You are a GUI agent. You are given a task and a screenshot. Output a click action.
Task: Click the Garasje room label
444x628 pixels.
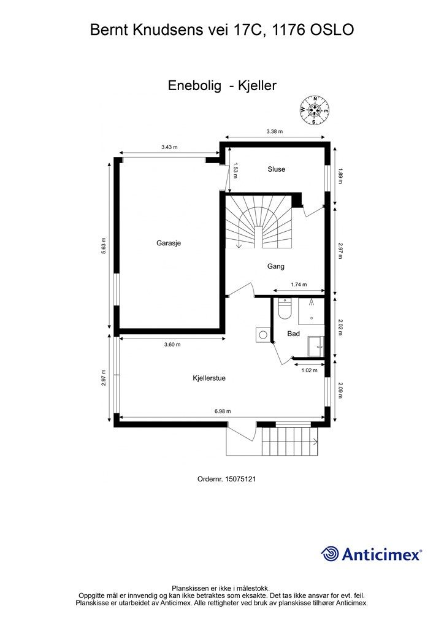click(169, 243)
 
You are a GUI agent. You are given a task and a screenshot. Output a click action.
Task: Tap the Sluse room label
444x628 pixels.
click(276, 169)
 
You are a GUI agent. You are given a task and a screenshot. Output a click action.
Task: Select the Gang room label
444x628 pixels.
click(276, 266)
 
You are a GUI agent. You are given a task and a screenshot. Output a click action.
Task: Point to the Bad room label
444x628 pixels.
click(294, 334)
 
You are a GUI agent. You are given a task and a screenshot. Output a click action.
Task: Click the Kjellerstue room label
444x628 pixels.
click(209, 378)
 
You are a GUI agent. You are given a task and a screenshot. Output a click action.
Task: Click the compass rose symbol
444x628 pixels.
click(315, 110)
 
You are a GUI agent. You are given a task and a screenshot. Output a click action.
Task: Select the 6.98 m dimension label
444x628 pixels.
click(223, 411)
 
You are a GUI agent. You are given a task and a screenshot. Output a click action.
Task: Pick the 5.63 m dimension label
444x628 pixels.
click(104, 247)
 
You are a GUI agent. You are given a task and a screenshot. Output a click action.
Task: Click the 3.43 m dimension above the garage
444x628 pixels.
click(169, 147)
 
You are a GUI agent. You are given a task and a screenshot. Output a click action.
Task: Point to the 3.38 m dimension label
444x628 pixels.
click(275, 131)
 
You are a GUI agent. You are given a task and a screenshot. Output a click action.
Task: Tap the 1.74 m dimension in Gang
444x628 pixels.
click(299, 285)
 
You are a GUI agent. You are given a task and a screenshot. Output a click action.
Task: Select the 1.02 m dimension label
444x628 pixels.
click(309, 370)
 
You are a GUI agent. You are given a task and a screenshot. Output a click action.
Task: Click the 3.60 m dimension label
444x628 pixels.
click(172, 345)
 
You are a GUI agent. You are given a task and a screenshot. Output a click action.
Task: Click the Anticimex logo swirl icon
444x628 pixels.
click(330, 554)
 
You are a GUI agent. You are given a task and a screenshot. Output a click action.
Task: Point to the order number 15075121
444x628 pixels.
click(240, 479)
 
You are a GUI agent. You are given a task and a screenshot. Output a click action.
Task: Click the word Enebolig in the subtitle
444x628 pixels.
click(194, 86)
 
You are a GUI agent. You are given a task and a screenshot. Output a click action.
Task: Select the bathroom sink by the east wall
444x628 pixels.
click(316, 347)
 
